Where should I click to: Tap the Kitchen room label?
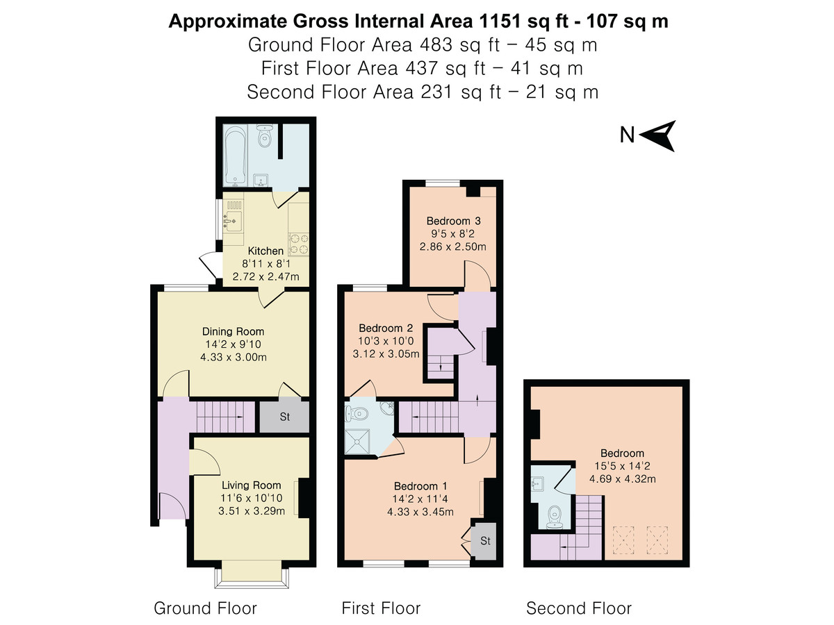tap(265, 251)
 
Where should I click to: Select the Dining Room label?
tap(233, 332)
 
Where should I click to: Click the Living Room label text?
tap(251, 485)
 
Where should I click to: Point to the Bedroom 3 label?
tap(452, 221)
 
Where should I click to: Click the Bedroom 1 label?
tap(420, 486)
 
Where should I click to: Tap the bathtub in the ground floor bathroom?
tap(233, 156)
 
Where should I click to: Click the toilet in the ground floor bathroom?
tap(263, 136)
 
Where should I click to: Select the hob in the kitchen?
tap(300, 243)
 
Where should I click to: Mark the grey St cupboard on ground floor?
tap(284, 417)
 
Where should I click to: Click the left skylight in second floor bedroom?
tap(623, 537)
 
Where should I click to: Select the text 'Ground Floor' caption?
tap(205, 609)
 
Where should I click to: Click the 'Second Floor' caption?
tap(578, 609)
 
